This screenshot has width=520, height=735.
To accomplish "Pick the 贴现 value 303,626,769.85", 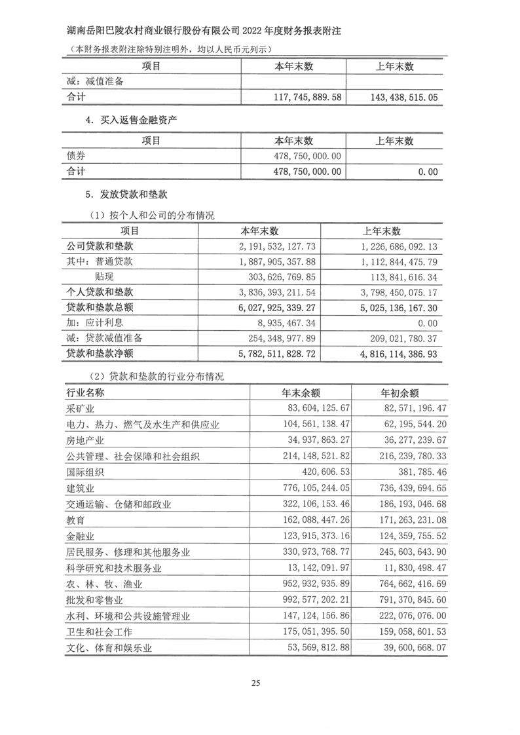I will tap(274, 276).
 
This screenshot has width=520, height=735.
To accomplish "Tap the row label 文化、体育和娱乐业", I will tap(109, 648).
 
